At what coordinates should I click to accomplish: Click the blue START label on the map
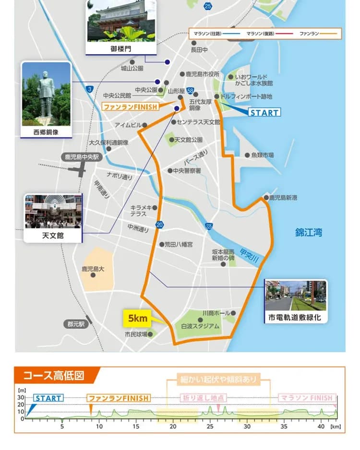[264, 113]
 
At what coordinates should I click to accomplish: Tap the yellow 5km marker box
[137, 318]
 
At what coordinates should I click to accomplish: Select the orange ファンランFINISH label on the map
[131, 107]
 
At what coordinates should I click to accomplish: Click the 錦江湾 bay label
[309, 233]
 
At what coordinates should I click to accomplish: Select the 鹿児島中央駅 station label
[82, 156]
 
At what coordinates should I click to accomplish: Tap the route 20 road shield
[159, 225]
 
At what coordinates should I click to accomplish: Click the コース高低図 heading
[54, 375]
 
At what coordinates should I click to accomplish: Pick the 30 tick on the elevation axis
[21, 398]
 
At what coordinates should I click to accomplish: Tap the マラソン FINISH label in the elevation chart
[307, 398]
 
